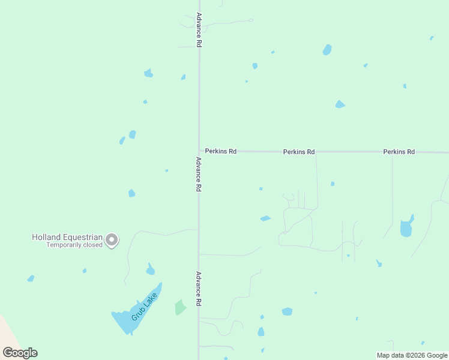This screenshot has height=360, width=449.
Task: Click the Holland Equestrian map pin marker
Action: [x=112, y=241]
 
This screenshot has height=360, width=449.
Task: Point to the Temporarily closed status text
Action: [x=74, y=245]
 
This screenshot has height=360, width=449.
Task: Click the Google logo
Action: [x=20, y=353]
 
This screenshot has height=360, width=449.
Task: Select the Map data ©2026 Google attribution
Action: [x=412, y=355]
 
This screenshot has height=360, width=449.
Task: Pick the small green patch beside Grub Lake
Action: [x=180, y=307]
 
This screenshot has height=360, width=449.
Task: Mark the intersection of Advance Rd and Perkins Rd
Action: [x=199, y=152]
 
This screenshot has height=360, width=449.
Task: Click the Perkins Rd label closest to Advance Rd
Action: [x=220, y=152]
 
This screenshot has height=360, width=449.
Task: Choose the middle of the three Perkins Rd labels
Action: [x=299, y=152]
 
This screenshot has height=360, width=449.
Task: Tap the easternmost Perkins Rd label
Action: [x=399, y=152]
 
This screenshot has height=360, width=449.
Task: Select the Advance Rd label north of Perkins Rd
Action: [x=199, y=29]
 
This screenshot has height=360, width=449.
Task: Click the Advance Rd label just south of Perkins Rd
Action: [x=199, y=174]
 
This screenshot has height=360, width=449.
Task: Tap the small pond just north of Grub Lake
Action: [x=151, y=269]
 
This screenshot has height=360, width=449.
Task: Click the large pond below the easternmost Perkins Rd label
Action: [x=406, y=227]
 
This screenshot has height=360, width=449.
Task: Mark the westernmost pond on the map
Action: [x=31, y=278]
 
